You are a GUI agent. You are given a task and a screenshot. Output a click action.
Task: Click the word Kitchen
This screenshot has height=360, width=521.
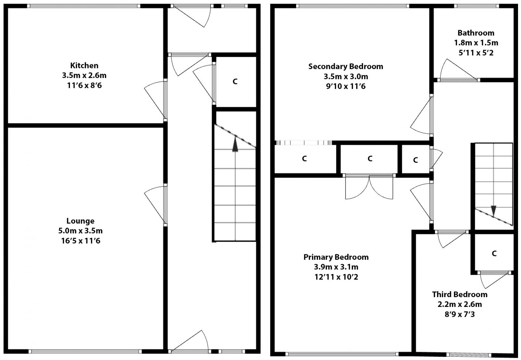coord(84,65)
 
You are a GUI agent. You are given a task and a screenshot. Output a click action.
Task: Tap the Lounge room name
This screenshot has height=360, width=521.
coord(80,221)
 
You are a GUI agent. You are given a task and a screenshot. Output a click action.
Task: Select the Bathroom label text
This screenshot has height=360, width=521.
coord(476,33)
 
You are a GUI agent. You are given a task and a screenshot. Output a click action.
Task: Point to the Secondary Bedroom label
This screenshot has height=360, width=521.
coord(345,66)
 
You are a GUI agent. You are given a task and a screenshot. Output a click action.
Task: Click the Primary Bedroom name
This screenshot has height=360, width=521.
coord(336,257)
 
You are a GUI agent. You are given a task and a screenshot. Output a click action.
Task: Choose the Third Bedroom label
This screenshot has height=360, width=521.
coord(459,295)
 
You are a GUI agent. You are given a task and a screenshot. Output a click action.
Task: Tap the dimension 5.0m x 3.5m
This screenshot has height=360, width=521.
coord(80,231)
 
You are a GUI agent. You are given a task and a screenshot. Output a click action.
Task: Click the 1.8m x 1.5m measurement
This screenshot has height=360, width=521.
coord(476,43)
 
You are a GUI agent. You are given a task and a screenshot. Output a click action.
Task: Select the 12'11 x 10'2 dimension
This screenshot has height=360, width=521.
coord(336,277)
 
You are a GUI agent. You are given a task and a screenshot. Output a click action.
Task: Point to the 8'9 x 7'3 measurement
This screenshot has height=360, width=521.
coord(459,314)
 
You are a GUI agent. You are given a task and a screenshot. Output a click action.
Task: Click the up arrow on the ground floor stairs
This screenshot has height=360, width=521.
coord(235,144)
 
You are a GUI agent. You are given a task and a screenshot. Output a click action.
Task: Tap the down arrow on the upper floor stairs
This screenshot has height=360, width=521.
coord(493,210)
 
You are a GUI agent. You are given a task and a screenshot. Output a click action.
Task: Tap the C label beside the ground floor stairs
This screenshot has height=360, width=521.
coord(235,81)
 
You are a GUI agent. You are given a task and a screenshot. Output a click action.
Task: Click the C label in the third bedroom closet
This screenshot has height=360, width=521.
coord(494,253)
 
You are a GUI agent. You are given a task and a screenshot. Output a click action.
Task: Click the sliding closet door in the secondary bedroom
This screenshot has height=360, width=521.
coord(303,143)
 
